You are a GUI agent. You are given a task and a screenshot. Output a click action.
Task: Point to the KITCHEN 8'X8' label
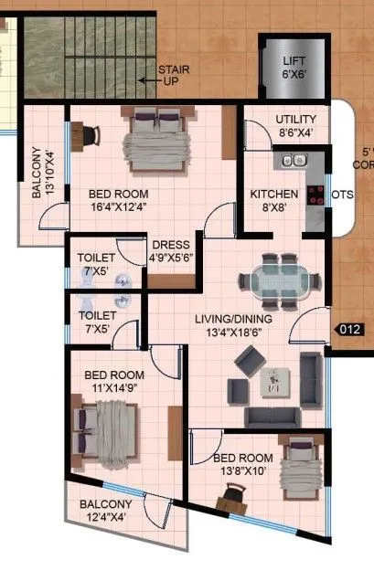(x=273, y=201)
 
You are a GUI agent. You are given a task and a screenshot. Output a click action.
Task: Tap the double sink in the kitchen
(x=294, y=161)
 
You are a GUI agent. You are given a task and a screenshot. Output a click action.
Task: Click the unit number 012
(x=350, y=330)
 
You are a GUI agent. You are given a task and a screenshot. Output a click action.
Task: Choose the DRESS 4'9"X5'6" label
(x=170, y=251)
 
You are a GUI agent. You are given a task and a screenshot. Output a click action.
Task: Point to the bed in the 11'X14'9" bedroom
(x=108, y=432)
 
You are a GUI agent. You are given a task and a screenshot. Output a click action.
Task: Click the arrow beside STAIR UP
(x=144, y=80)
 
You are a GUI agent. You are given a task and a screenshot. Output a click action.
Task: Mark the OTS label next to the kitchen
(x=342, y=195)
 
